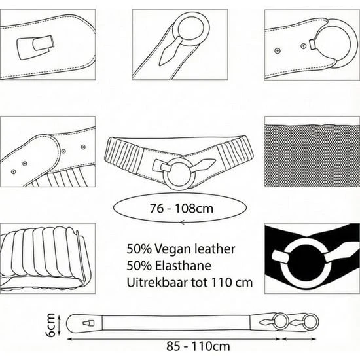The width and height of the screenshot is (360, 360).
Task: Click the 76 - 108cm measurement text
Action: point(181,208)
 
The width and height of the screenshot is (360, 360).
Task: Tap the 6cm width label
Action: point(50,325)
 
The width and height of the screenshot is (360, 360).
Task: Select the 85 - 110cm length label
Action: point(198,346)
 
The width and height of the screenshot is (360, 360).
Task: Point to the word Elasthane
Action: point(183,266)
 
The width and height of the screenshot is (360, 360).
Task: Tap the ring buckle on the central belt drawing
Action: point(179,173)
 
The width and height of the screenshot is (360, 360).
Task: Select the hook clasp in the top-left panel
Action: point(35,47)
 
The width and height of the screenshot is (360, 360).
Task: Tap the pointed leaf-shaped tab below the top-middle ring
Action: point(171,51)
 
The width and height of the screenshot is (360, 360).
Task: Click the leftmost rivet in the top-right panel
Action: point(278,50)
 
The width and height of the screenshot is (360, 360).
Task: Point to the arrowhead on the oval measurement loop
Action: point(183,223)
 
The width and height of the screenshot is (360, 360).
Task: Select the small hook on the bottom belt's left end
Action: point(88,323)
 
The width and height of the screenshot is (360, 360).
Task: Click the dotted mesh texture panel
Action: point(312,155)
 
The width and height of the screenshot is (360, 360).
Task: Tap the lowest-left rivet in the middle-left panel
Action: point(13,171)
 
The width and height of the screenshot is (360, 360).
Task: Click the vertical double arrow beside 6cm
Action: point(60,325)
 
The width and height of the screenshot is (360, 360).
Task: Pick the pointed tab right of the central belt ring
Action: point(203,164)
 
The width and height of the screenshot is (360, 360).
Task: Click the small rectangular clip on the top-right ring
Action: point(312,44)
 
